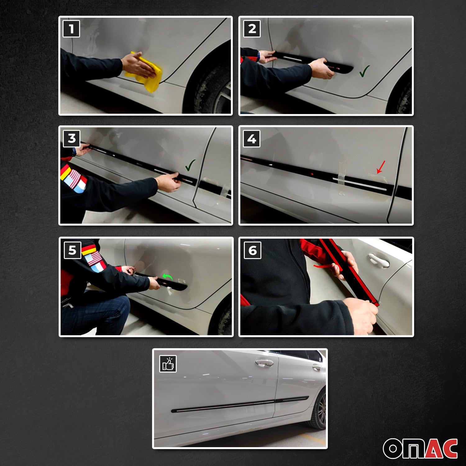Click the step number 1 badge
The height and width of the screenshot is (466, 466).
tap(71, 29)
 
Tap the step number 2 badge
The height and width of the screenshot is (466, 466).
tap(252, 29)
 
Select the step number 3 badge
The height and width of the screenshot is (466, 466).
tap(71, 138)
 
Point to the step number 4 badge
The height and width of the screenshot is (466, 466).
tap(252, 139)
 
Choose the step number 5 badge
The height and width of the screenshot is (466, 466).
tap(72, 250)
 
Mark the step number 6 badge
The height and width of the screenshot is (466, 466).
tap(253, 250)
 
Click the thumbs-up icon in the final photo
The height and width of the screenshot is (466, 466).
tap(168, 364)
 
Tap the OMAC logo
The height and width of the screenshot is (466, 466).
tap(420, 448)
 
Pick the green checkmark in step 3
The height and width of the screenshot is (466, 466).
tap(190, 165)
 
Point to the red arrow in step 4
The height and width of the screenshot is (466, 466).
tap(381, 167)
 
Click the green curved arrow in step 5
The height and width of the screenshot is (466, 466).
tap(168, 277)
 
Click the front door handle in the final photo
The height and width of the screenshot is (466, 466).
tap(264, 363)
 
